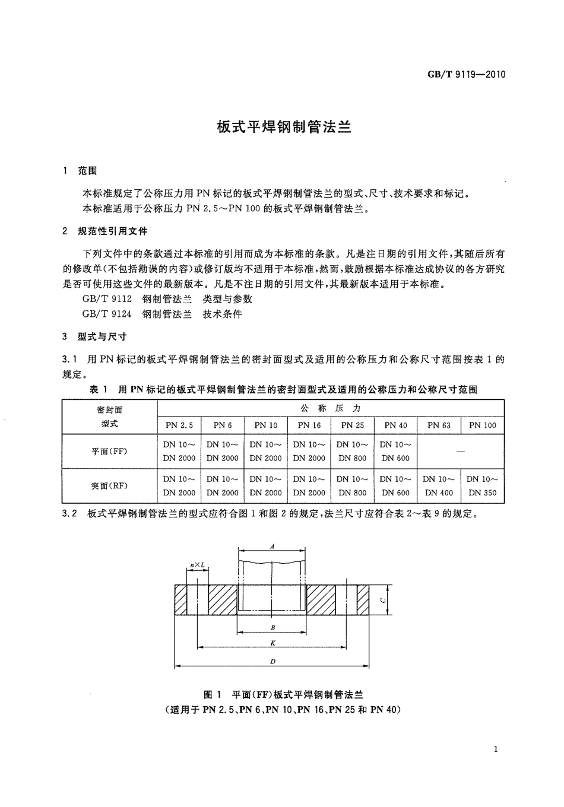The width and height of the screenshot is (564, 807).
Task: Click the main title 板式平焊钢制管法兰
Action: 284,127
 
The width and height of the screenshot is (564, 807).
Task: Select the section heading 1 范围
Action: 80,171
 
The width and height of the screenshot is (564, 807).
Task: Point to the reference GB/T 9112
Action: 107,299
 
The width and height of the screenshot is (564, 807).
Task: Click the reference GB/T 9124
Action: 107,314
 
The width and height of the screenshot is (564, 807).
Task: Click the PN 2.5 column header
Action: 179,425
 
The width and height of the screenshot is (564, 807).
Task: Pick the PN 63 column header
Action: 439,425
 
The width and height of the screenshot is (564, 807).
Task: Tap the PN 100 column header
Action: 483,425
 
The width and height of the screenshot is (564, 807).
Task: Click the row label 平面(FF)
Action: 109,452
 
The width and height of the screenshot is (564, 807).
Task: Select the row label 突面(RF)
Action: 109,486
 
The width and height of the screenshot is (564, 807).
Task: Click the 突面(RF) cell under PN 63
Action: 439,486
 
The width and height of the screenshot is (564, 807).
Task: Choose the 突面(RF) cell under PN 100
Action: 483,486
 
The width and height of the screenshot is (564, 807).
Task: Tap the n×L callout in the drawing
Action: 197,565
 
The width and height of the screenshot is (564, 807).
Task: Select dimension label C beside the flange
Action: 384,600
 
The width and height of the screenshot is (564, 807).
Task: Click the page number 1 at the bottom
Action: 496,749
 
